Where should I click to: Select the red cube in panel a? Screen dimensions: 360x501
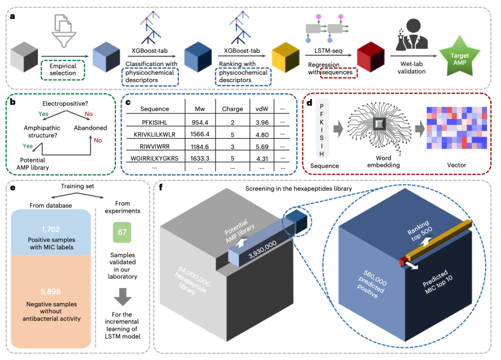pos(370,58)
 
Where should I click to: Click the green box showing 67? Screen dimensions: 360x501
pos(122,231)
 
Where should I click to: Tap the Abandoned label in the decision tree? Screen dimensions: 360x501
pos(91,128)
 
